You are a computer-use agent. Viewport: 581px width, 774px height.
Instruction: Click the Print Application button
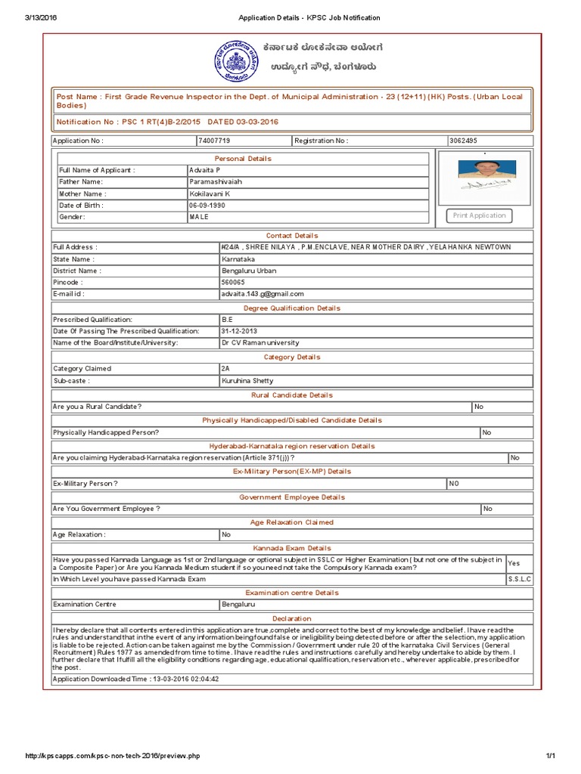(479, 216)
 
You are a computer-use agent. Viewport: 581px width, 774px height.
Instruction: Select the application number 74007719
(214, 141)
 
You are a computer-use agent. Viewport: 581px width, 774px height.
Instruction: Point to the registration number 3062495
(464, 141)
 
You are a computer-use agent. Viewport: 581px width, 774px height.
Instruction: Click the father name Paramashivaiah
(214, 181)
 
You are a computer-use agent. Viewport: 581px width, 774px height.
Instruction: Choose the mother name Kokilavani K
(210, 193)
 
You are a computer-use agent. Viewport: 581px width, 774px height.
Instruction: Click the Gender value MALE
(198, 217)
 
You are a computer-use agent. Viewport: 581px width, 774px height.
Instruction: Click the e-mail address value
(262, 294)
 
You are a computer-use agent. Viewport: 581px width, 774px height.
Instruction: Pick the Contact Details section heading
(291, 236)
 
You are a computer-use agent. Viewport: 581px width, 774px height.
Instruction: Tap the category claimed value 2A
(225, 369)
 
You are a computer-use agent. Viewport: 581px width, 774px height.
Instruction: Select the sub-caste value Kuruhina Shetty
(247, 381)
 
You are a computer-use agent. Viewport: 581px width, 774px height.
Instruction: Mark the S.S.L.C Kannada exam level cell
(519, 579)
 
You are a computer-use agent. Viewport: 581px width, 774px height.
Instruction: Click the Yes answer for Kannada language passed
(514, 563)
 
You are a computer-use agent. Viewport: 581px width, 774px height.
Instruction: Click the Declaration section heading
(291, 618)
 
